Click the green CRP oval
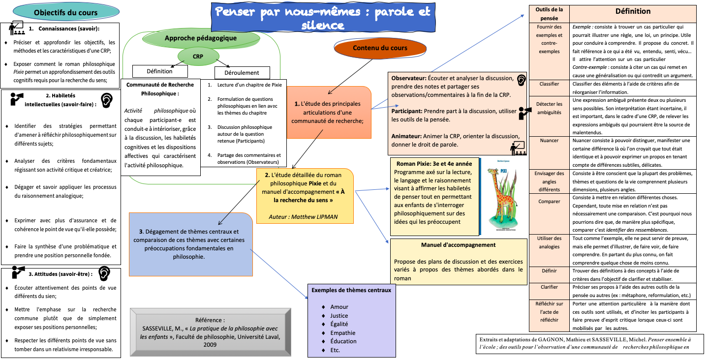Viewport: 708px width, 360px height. pyautogui.click(x=198, y=57)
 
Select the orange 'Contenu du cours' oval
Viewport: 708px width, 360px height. pyautogui.click(x=380, y=48)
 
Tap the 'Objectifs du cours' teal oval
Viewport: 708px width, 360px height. pyautogui.click(x=66, y=13)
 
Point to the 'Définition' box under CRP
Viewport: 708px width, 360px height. pyautogui.click(x=159, y=71)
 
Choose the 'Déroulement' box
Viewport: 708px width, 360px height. pyautogui.click(x=242, y=73)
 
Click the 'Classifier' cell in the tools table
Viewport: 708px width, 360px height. pyautogui.click(x=549, y=84)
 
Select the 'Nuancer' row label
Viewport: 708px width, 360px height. pyautogui.click(x=549, y=141)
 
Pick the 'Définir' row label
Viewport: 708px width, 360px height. pyautogui.click(x=549, y=270)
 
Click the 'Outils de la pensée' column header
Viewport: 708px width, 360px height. pyautogui.click(x=549, y=13)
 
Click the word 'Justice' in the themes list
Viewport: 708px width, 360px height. pyautogui.click(x=339, y=316)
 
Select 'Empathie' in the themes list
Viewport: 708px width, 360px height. pyautogui.click(x=343, y=332)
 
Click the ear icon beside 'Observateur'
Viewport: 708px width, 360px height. pyautogui.click(x=521, y=80)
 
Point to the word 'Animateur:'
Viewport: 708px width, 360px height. pyautogui.click(x=408, y=136)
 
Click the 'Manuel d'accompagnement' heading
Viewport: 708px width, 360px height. pyautogui.click(x=458, y=245)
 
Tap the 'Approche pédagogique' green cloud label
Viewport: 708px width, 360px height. pyautogui.click(x=200, y=38)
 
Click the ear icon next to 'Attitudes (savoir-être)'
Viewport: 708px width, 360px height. pyautogui.click(x=104, y=273)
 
